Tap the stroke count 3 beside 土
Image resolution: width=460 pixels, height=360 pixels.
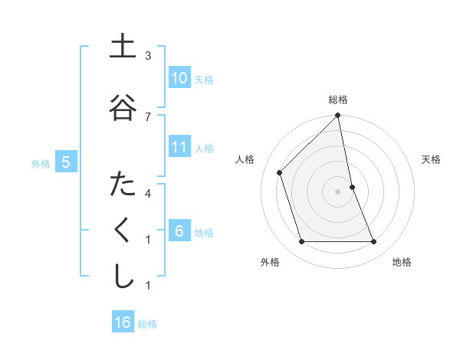click(148, 56)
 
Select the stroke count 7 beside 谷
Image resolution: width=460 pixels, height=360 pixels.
click(148, 116)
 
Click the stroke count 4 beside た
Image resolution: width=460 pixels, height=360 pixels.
click(148, 193)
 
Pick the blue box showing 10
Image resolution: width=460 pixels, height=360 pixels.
click(179, 78)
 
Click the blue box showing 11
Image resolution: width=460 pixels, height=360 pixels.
click(179, 147)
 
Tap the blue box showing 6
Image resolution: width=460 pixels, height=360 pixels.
click(179, 231)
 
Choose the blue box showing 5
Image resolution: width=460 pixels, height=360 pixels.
click(66, 162)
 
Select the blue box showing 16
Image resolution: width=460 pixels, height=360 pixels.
click(123, 322)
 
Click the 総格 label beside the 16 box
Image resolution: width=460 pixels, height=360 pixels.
click(147, 323)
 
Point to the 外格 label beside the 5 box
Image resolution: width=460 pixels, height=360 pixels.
click(41, 163)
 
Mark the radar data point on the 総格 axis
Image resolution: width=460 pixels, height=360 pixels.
click(338, 116)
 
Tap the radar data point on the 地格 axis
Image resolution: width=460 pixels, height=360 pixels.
click(374, 242)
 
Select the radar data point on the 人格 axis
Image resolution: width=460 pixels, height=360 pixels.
click(280, 172)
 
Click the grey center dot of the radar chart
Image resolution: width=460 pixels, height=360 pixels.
click(338, 191)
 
